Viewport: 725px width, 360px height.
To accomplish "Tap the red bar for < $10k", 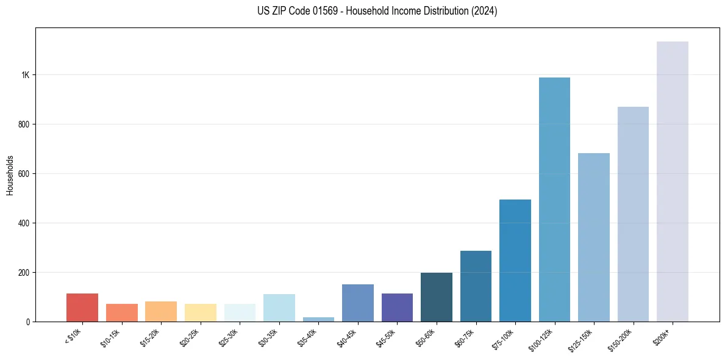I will pyautogui.click(x=82, y=308).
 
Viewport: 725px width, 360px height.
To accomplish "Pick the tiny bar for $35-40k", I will pyautogui.click(x=318, y=319).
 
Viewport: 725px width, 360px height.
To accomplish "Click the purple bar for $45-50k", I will pyautogui.click(x=397, y=308).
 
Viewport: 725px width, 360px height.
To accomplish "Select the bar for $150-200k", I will pyautogui.click(x=633, y=214).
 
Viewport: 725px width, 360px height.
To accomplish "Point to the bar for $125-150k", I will pyautogui.click(x=594, y=237).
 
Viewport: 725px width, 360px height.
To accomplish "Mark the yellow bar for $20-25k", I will pyautogui.click(x=201, y=312).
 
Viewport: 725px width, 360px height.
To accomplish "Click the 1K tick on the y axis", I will pyautogui.click(x=25, y=75).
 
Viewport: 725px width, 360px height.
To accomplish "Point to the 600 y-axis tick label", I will pyautogui.click(x=23, y=174).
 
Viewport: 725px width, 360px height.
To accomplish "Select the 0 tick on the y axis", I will pyautogui.click(x=27, y=322).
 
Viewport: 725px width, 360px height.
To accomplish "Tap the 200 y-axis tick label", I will pyautogui.click(x=23, y=272).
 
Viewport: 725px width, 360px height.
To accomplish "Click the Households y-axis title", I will pyautogui.click(x=10, y=175).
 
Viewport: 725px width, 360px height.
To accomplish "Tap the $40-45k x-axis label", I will pyautogui.click(x=348, y=337).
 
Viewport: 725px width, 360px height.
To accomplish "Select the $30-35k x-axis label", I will pyautogui.click(x=269, y=337).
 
